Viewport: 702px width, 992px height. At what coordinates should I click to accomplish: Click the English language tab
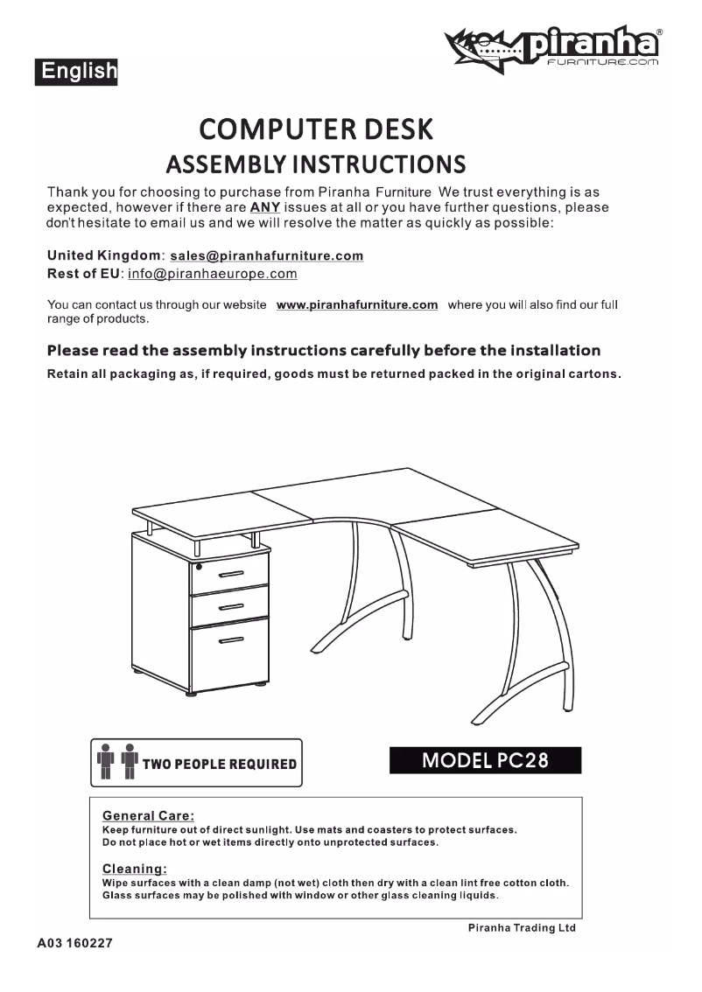point(76,71)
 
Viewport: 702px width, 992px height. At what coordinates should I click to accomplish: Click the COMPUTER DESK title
point(316,129)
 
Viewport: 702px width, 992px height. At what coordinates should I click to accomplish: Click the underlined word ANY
point(264,207)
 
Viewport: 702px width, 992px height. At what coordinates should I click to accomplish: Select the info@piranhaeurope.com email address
point(213,274)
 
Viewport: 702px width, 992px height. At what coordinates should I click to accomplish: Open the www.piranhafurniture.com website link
point(357,304)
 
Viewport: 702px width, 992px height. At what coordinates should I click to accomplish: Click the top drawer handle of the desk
point(231,574)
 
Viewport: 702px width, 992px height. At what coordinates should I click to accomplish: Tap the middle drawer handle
point(231,606)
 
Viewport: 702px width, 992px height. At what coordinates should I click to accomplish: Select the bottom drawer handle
point(231,642)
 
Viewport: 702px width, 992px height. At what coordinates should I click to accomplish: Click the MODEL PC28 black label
point(485,760)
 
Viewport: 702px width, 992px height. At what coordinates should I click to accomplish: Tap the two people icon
point(116,762)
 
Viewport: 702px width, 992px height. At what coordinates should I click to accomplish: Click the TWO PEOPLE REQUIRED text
point(219,764)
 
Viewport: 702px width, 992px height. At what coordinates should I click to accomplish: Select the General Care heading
point(149,815)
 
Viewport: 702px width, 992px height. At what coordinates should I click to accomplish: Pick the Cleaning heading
point(135,869)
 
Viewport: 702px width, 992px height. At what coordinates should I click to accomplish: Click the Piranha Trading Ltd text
point(522,928)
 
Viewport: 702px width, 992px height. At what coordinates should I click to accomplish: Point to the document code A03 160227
point(74,945)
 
